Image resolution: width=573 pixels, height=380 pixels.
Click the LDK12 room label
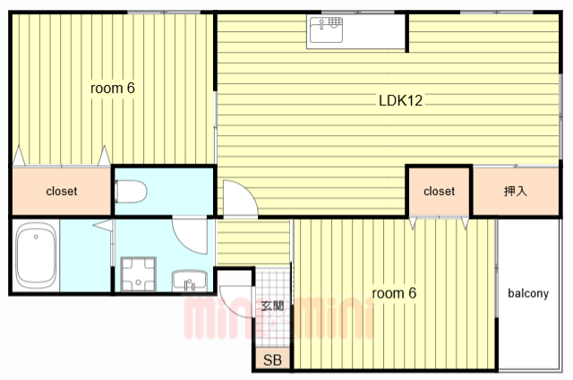click(400, 100)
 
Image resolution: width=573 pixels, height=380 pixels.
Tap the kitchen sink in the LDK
click(326, 30)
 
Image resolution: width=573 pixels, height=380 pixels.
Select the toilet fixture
click(131, 191)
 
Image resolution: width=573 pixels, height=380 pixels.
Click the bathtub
click(36, 255)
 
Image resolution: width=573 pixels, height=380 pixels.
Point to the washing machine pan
click(139, 274)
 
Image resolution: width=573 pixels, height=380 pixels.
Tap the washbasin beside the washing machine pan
click(190, 281)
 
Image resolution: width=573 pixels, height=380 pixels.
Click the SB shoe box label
click(272, 360)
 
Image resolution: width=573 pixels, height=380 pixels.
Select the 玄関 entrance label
click(272, 306)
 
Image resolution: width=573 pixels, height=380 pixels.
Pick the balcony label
click(528, 293)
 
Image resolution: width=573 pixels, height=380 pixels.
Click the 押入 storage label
click(516, 190)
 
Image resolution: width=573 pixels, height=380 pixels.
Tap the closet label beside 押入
click(440, 191)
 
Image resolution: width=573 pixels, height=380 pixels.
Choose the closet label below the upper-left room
click(62, 191)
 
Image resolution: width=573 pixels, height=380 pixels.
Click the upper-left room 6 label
click(113, 88)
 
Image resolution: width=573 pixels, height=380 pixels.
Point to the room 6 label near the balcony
click(394, 293)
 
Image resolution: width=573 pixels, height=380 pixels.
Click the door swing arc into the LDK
click(248, 190)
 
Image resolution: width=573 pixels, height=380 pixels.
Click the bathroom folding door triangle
click(105, 225)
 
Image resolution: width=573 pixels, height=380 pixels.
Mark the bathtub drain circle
click(36, 237)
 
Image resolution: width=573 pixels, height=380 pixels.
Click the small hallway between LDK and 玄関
click(253, 242)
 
